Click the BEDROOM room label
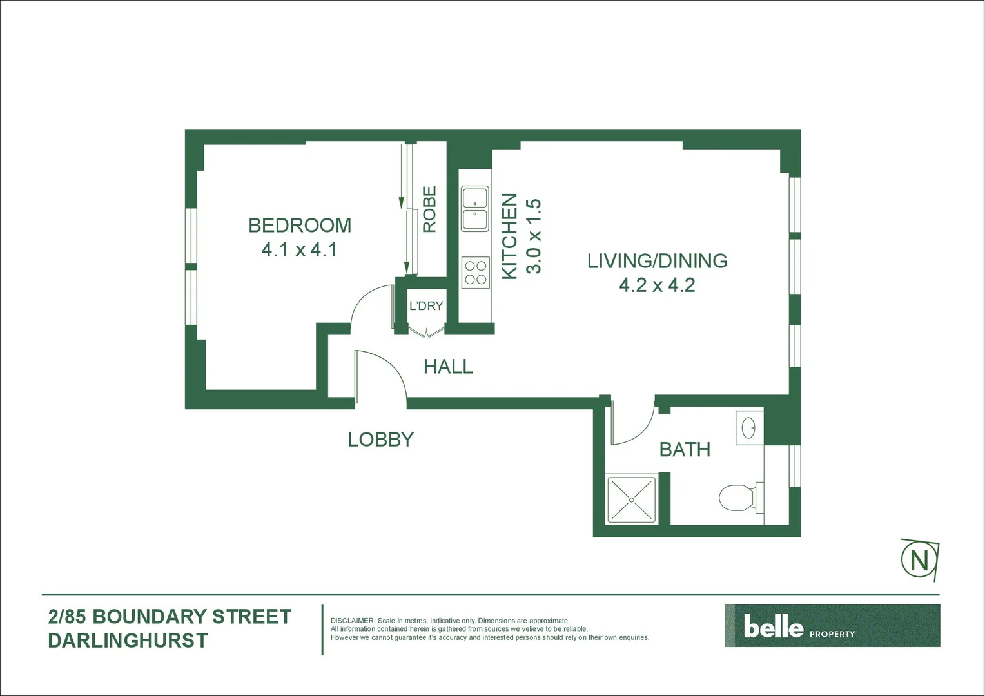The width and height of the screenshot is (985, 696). [300, 225]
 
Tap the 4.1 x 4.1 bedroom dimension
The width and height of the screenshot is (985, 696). [299, 249]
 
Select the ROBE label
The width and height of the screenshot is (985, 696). [429, 209]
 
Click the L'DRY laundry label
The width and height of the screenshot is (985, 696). [426, 305]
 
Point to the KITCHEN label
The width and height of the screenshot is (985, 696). [509, 236]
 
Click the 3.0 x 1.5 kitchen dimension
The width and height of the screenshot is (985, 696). [534, 236]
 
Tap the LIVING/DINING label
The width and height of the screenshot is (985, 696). [657, 260]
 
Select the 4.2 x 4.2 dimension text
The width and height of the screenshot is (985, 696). [657, 285]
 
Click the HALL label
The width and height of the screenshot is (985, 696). [448, 367]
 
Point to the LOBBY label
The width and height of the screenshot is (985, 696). [380, 440]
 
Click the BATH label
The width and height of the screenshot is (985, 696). [685, 449]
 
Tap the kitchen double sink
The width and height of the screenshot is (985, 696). [475, 209]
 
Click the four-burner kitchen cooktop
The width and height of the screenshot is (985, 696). [476, 272]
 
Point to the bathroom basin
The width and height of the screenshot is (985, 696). [748, 428]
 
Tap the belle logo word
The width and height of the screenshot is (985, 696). [774, 626]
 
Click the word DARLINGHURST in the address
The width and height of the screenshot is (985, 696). [128, 641]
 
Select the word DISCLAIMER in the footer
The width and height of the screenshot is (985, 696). [353, 621]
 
